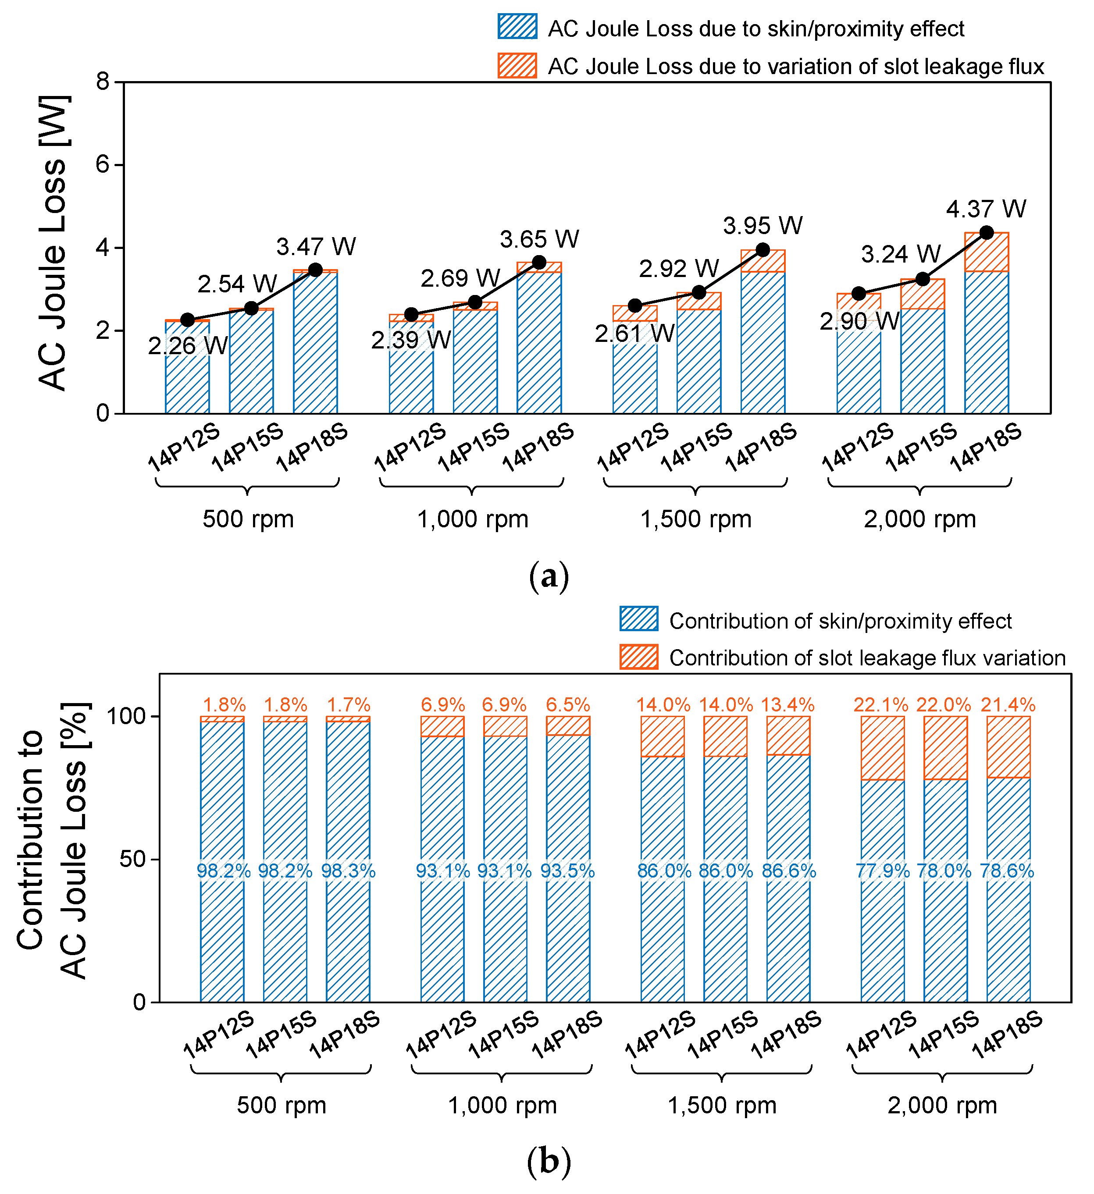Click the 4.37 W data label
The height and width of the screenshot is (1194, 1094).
pos(986,209)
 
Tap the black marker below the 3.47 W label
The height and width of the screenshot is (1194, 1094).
pos(316,270)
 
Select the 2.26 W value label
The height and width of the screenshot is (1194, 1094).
pos(188,346)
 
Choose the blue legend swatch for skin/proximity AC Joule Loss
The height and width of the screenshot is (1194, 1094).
pos(517,27)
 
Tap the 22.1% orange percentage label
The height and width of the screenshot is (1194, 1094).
pos(881,705)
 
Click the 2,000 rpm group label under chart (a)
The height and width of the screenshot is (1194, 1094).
pos(919,519)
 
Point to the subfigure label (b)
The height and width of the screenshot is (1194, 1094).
pos(549,1162)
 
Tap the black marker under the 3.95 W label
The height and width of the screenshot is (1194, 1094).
pos(763,250)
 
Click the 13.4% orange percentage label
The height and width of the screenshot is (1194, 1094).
pos(788,705)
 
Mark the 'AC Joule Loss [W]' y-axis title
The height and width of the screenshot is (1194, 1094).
pos(53,243)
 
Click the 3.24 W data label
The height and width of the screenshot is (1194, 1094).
pos(900,255)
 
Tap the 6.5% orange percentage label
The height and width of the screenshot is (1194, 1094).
pos(568,705)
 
